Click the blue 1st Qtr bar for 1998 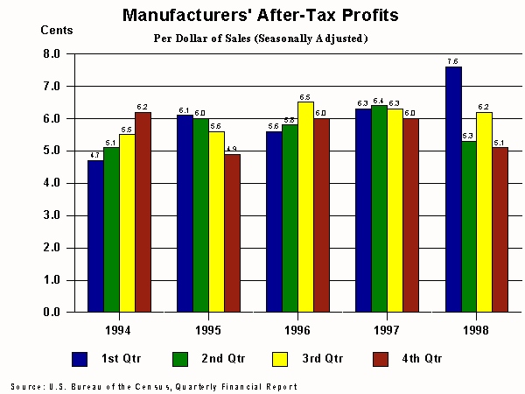point(453,189)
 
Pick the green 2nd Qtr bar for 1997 point(379,208)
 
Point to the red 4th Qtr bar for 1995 point(232,233)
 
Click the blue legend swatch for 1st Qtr point(80,358)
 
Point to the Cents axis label point(57,30)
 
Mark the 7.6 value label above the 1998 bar point(452,61)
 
